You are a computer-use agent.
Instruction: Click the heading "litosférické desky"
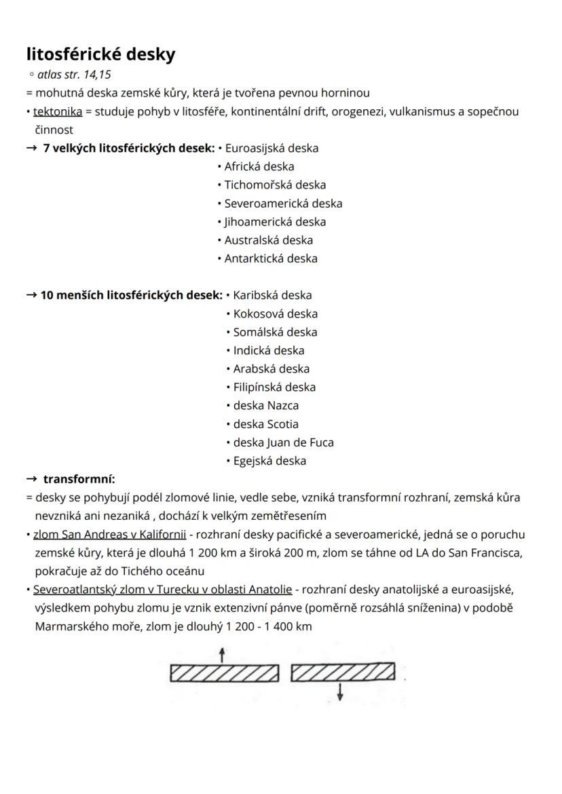pyautogui.click(x=100, y=54)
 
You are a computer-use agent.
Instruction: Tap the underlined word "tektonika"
pyautogui.click(x=58, y=111)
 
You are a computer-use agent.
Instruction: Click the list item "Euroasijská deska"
pyautogui.click(x=271, y=148)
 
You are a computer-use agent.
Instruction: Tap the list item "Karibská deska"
pyautogui.click(x=272, y=295)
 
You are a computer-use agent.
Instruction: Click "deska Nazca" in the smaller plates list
pyautogui.click(x=265, y=405)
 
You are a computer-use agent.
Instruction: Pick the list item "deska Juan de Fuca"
pyautogui.click(x=283, y=442)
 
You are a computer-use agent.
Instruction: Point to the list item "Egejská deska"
pyautogui.click(x=269, y=461)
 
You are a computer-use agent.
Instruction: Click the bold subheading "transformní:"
pyautogui.click(x=79, y=479)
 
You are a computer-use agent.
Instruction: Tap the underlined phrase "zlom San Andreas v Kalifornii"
pyautogui.click(x=109, y=535)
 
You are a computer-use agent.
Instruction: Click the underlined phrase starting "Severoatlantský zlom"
pyautogui.click(x=162, y=590)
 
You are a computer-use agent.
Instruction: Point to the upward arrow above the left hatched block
pyautogui.click(x=222, y=654)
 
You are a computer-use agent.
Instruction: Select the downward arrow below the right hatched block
pyautogui.click(x=340, y=692)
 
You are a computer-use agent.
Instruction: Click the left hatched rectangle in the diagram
pyautogui.click(x=224, y=673)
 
